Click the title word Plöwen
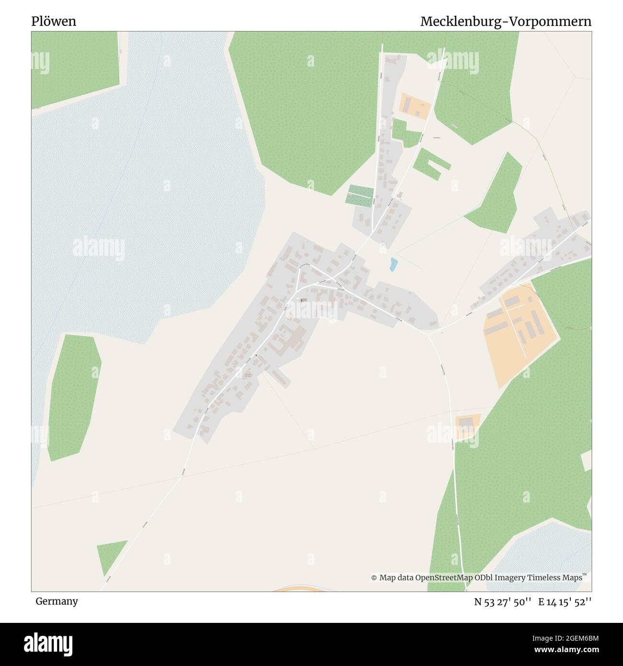[54, 22]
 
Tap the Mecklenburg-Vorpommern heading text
[506, 22]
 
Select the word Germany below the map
[57, 601]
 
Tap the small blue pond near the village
[393, 264]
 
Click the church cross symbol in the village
[302, 300]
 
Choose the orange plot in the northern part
[415, 104]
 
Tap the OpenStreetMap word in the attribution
[444, 578]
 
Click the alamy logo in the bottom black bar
[49, 644]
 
